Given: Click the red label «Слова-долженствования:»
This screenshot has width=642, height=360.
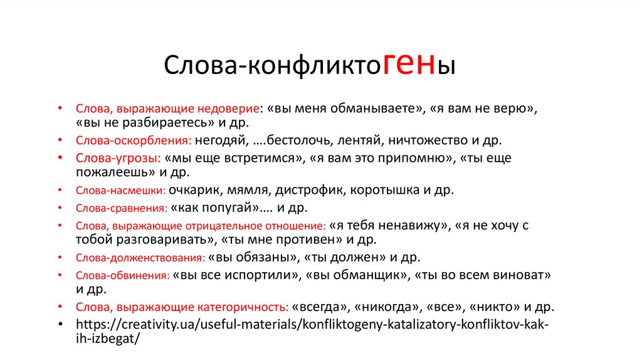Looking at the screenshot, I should click(x=140, y=258).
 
